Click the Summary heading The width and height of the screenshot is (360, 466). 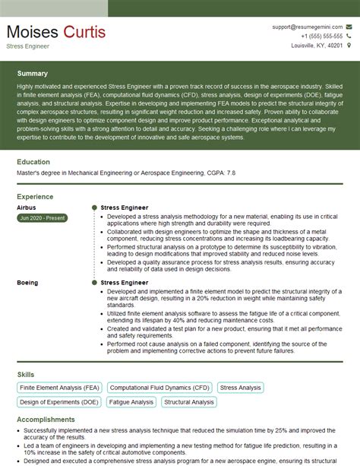click(33, 74)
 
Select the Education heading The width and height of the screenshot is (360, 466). click(33, 162)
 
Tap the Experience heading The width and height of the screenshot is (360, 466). click(35, 196)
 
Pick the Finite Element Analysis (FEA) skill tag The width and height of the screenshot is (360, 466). click(58, 388)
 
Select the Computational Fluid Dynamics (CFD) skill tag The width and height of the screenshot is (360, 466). click(159, 388)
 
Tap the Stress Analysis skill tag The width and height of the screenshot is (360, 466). click(240, 388)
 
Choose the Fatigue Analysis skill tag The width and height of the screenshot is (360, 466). click(131, 402)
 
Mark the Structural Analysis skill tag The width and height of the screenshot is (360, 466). click(189, 402)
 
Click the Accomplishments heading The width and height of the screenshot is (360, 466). click(46, 419)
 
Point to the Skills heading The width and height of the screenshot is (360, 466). click(25, 375)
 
